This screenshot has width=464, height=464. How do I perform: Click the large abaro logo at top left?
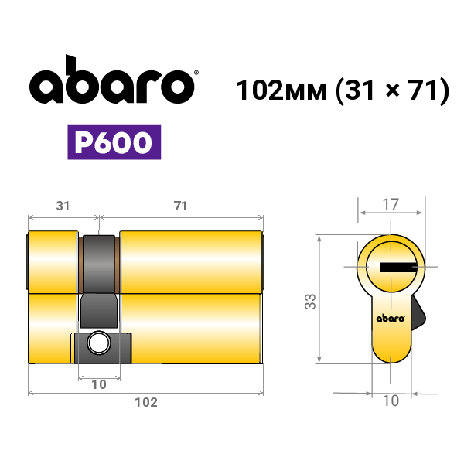point(112,80)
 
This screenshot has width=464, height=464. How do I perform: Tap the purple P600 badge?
point(114,142)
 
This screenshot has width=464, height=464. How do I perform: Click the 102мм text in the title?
point(281,90)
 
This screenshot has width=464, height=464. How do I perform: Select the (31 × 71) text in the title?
point(393,90)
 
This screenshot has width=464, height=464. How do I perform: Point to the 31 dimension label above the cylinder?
point(63,206)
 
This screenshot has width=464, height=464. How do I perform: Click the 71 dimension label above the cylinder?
point(180,206)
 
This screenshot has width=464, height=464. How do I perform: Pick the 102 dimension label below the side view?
point(146,402)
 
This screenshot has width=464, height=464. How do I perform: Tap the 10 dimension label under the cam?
point(99,384)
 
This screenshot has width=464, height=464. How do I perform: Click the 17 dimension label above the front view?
point(391,204)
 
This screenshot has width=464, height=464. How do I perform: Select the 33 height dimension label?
point(310,302)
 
